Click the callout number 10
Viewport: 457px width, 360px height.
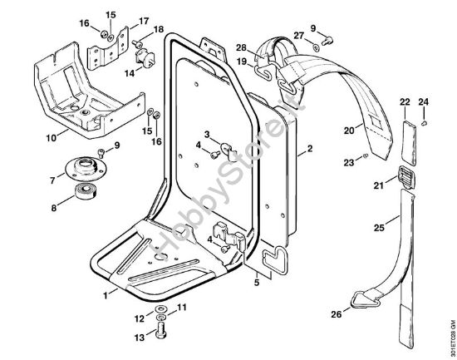(x=52, y=137)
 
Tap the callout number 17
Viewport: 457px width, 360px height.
(x=144, y=21)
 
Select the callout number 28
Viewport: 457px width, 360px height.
(x=241, y=47)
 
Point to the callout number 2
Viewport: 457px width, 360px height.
(x=310, y=148)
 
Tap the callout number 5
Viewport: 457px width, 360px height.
(x=257, y=283)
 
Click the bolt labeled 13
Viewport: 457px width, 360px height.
(x=160, y=330)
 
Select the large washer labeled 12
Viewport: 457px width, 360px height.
(x=160, y=308)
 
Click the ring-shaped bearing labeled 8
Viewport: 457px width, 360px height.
(x=86, y=192)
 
